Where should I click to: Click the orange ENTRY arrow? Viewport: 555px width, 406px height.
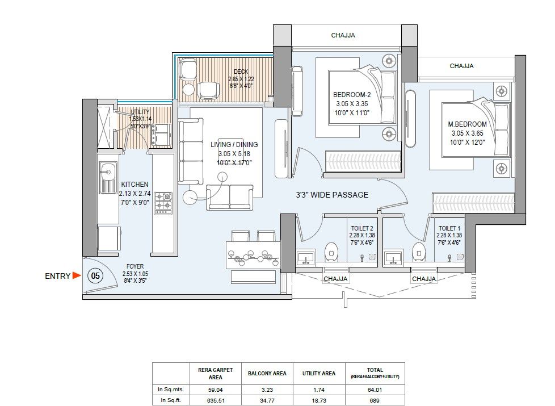(76, 276)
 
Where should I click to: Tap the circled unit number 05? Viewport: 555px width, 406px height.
(95, 276)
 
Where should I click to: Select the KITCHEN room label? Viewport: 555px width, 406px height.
(134, 185)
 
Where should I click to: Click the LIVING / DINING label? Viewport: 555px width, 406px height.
(234, 145)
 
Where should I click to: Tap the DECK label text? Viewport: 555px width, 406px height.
(241, 72)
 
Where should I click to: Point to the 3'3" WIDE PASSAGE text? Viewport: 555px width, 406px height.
(332, 195)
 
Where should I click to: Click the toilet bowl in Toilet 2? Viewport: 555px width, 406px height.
(332, 250)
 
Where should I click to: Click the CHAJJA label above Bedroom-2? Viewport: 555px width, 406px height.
(343, 35)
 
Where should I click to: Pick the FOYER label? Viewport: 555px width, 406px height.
(135, 266)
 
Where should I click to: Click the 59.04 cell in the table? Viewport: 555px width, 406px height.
(216, 390)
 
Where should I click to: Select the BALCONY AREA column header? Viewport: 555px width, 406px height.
(266, 374)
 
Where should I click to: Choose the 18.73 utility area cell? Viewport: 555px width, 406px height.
(321, 400)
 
